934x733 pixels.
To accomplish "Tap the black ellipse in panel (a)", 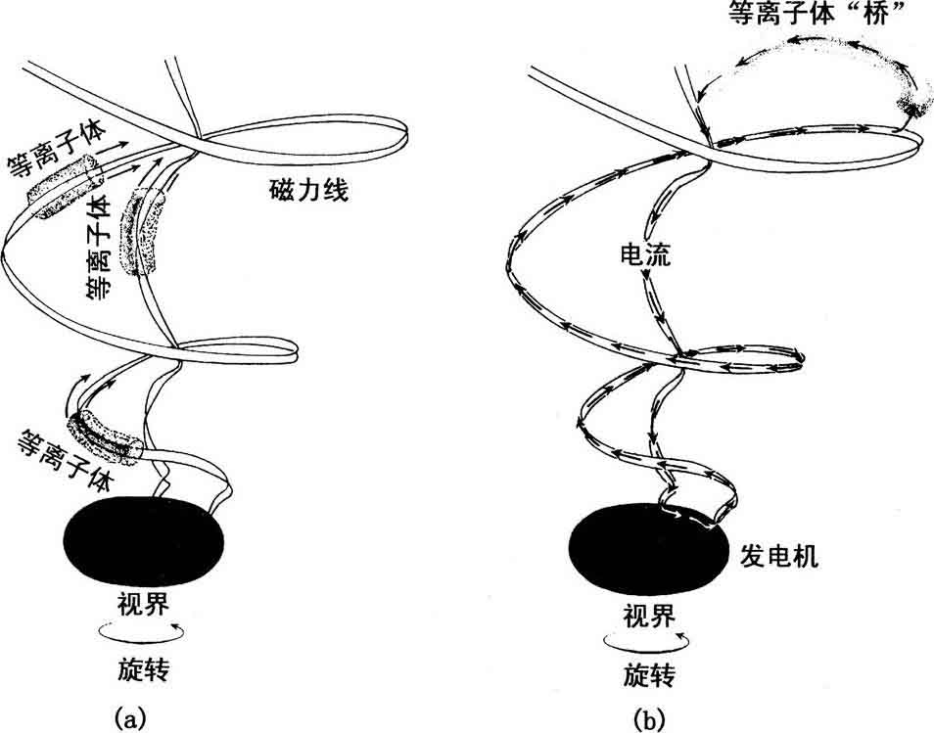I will (144, 543).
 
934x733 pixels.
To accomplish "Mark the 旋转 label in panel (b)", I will (648, 675).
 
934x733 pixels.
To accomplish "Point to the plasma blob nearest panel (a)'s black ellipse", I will (103, 436).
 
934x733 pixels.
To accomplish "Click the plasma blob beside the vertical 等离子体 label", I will (143, 232).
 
